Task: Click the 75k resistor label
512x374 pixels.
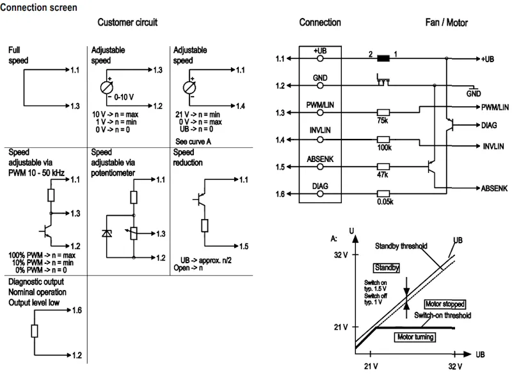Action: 382,120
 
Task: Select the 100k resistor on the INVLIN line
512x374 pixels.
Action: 383,140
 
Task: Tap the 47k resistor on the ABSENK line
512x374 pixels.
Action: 383,167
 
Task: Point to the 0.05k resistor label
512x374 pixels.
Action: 385,202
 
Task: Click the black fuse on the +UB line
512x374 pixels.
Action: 383,59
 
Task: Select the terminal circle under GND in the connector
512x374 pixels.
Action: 321,86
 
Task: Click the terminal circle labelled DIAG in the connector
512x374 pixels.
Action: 321,194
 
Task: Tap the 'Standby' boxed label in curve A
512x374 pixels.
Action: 387,268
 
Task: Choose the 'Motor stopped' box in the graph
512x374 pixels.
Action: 445,304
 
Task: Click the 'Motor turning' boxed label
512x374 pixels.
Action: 415,337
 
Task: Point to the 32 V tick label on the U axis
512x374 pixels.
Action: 341,255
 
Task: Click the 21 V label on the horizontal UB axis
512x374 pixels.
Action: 371,366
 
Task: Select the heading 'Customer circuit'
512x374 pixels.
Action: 127,22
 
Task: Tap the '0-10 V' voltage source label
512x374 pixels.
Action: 124,97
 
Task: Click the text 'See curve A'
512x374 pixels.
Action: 193,142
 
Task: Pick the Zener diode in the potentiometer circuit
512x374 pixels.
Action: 107,233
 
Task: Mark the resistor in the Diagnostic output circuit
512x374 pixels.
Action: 35,331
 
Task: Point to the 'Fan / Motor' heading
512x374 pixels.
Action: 446,22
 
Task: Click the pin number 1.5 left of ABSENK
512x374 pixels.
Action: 280,167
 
